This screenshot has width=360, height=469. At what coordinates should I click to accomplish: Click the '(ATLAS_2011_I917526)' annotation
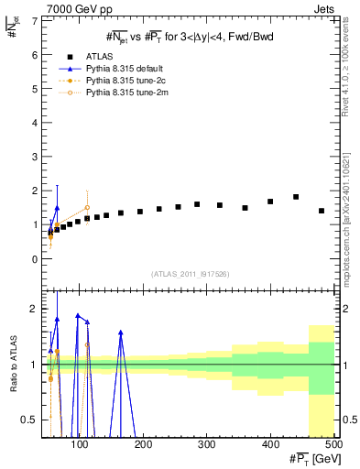pyautogui.click(x=190, y=274)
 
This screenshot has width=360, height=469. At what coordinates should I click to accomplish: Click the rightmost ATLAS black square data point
pyautogui.click(x=322, y=211)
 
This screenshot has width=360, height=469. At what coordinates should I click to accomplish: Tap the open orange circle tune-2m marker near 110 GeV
pyautogui.click(x=87, y=208)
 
